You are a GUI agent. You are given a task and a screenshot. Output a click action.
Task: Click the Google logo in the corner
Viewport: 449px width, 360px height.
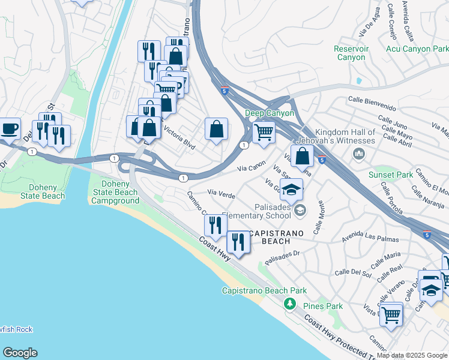[x=20, y=353]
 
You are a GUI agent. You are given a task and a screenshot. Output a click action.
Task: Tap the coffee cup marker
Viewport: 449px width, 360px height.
[x=10, y=128]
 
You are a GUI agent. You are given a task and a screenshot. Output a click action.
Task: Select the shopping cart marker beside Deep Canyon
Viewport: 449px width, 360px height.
[x=264, y=132]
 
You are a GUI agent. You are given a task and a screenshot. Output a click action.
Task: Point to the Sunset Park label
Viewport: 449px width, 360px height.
[x=391, y=175]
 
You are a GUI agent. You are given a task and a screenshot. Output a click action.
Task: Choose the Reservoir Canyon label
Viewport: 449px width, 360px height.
[x=350, y=53]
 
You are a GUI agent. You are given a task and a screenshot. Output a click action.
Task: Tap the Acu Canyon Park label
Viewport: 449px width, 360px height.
[x=417, y=49]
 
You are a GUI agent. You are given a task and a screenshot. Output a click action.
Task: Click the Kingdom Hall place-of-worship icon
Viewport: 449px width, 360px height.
[x=359, y=154]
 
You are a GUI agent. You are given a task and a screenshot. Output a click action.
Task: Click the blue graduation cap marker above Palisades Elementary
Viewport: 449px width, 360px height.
[x=291, y=190]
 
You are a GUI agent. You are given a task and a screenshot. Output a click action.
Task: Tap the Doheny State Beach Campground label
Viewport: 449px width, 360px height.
[x=116, y=192]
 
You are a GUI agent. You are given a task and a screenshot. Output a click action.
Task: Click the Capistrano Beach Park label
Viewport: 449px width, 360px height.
[x=264, y=291]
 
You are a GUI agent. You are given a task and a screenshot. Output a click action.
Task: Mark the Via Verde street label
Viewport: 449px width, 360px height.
[x=221, y=193]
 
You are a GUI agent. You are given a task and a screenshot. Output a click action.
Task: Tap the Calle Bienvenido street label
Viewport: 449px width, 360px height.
[x=372, y=103]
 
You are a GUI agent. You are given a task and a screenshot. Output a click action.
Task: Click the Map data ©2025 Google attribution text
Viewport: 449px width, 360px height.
[x=412, y=355]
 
